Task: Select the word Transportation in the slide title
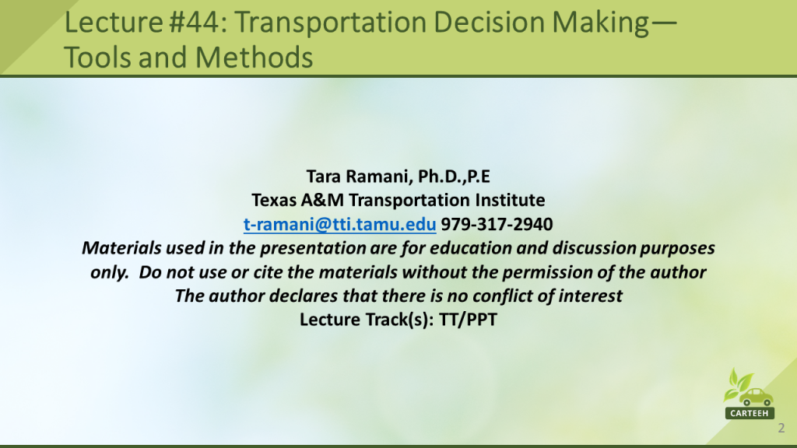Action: pos(329,23)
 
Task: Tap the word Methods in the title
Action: pos(254,57)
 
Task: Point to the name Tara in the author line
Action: pos(323,177)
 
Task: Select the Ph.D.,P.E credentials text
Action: pos(454,177)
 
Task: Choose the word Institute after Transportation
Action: pos(510,200)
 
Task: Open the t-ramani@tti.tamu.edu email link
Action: pos(339,224)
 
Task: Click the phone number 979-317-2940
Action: pos(497,224)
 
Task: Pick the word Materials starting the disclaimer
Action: pos(121,248)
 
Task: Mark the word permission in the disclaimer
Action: pos(547,272)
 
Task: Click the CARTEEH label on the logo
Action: pos(750,413)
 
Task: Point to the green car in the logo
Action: pos(756,397)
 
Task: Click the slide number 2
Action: pos(781,429)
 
